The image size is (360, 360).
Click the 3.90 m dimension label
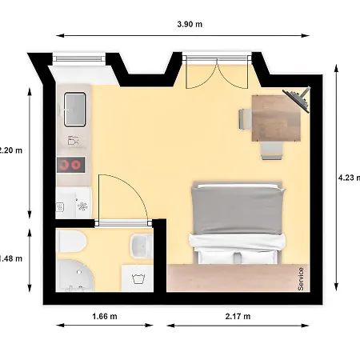coord(190,24)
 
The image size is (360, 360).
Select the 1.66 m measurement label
coord(106,317)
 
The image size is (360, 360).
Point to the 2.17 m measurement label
coord(238,317)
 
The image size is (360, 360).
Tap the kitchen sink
coord(75,108)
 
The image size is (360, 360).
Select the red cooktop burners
coord(70,165)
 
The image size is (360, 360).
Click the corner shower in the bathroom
coord(74,279)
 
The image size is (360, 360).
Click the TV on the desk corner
coord(298,101)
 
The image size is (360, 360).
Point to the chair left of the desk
coord(246,118)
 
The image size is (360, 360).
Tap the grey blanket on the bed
coord(238,211)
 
